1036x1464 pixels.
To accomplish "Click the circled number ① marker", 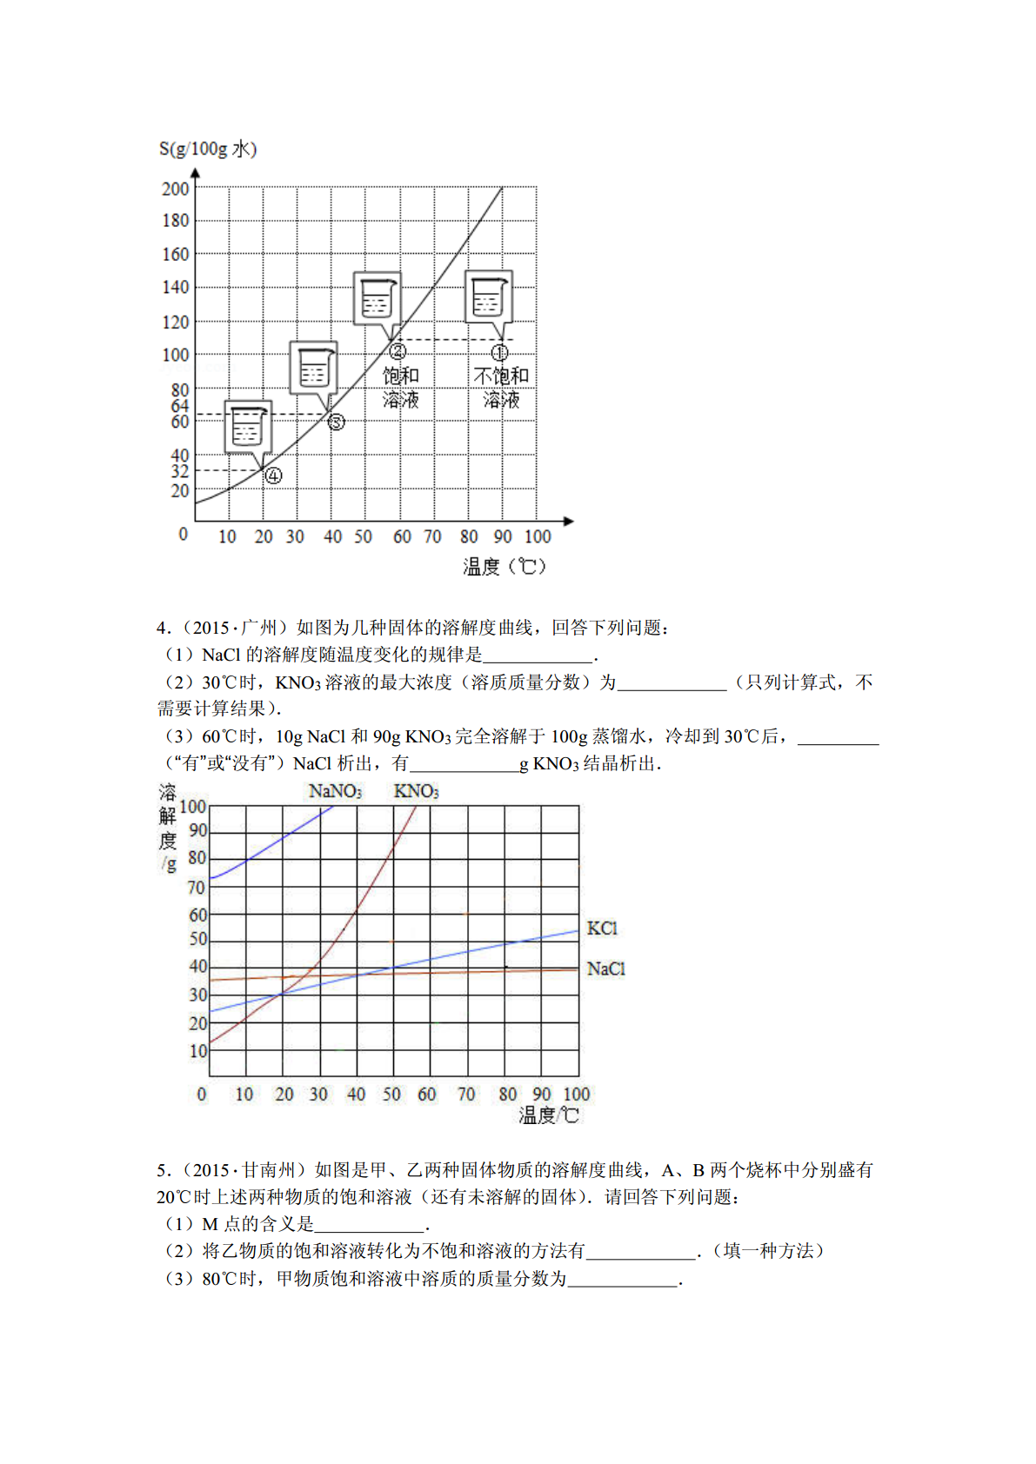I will pos(499,352).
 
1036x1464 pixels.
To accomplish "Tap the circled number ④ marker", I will pos(273,476).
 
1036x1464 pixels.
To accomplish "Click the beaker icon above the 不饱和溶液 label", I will pos(488,298).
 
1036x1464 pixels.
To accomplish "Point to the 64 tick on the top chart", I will pos(179,406).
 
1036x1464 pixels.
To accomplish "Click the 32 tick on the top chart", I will pos(179,471).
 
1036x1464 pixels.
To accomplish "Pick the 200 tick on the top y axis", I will pos(175,189).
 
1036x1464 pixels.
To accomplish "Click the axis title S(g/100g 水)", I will pos(207,149).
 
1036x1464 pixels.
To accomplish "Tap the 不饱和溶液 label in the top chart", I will pos(501,388).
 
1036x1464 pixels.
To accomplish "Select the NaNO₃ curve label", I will pos(335,791).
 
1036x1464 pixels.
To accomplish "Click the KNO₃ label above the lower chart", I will pos(416,791).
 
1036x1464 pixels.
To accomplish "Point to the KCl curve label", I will pos(602,928).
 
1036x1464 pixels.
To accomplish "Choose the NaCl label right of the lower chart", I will pos(605,968).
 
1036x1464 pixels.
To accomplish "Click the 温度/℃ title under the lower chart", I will pos(549,1115).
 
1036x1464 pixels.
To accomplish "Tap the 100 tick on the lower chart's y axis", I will pos(193,806).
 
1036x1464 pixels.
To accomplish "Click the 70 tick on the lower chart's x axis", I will pos(466,1095).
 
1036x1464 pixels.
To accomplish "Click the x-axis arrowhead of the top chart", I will pos(569,521).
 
